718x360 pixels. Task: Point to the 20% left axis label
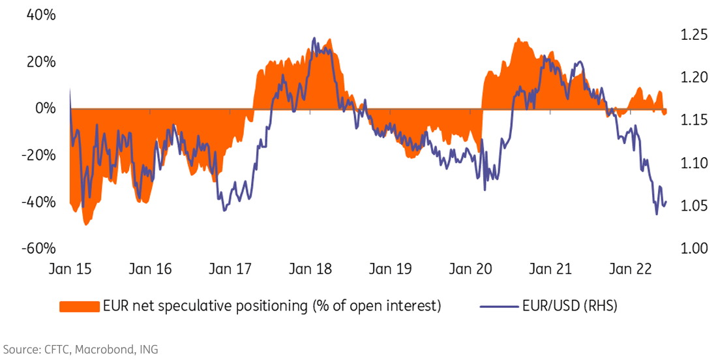pyautogui.click(x=40, y=62)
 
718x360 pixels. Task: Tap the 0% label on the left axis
pyautogui.click(x=46, y=108)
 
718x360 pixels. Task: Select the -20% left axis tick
pyautogui.click(x=38, y=155)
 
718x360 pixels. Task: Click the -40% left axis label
pyautogui.click(x=38, y=202)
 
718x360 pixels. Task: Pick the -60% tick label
pyautogui.click(x=38, y=248)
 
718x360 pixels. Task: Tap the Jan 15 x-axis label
pyautogui.click(x=70, y=269)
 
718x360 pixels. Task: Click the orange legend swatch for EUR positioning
pyautogui.click(x=80, y=306)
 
